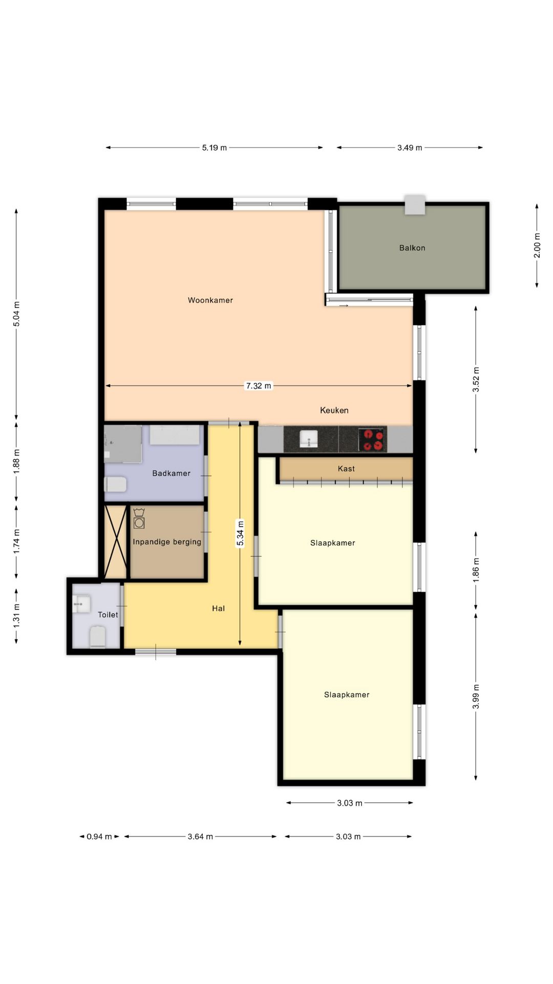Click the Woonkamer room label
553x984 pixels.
click(210, 300)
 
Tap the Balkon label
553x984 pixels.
click(412, 248)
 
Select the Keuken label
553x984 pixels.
click(334, 410)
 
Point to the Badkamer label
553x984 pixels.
click(171, 473)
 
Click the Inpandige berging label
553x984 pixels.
click(167, 542)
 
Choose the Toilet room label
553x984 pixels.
click(108, 614)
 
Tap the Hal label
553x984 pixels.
click(218, 608)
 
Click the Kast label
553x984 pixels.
click(346, 468)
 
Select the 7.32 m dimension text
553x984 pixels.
click(259, 386)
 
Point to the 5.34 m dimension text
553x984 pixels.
click(240, 534)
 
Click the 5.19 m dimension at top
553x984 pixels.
click(214, 148)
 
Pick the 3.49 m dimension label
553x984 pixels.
click(410, 148)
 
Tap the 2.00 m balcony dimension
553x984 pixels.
click(537, 245)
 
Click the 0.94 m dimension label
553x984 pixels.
click(99, 836)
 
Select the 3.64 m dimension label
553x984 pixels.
click(200, 836)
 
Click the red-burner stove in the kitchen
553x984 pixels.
click(372, 440)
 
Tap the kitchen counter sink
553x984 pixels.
click(309, 439)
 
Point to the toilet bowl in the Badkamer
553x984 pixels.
click(115, 484)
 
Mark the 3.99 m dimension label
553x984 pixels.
click(476, 696)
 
